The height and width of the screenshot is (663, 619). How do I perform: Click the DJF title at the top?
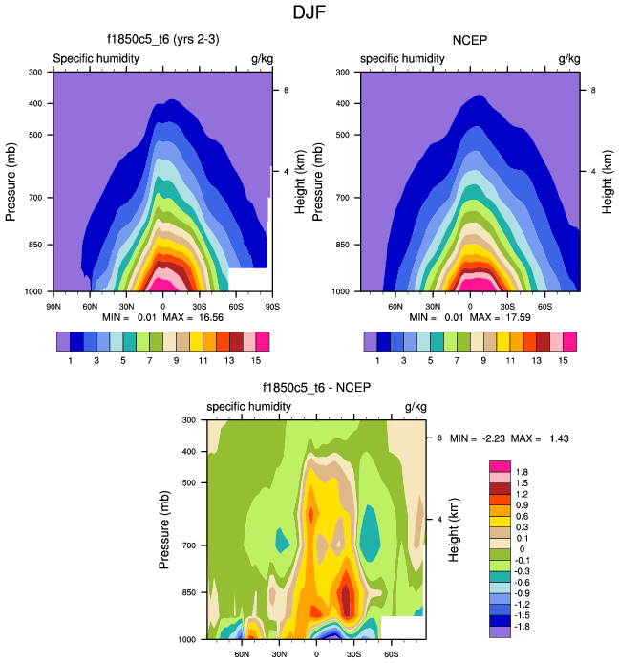[309, 13]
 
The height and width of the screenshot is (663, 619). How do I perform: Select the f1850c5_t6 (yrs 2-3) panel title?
[161, 41]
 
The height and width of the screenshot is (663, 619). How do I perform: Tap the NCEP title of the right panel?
[469, 41]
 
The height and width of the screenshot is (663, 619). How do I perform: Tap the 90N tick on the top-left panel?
[53, 307]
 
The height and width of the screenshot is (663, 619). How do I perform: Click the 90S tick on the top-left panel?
[271, 307]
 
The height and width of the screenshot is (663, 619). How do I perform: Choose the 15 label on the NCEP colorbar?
[564, 360]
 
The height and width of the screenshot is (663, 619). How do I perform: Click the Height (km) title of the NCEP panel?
[608, 181]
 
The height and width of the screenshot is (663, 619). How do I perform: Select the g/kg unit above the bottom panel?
[415, 407]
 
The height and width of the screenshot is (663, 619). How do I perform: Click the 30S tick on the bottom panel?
[353, 655]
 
